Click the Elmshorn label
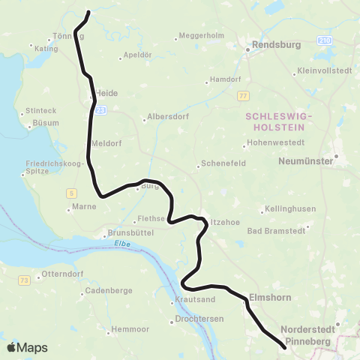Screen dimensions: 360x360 268,296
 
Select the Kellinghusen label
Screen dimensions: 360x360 286,210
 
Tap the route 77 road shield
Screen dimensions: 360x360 242,96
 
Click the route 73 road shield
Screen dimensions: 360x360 25,280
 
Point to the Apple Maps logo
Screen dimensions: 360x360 26,347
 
